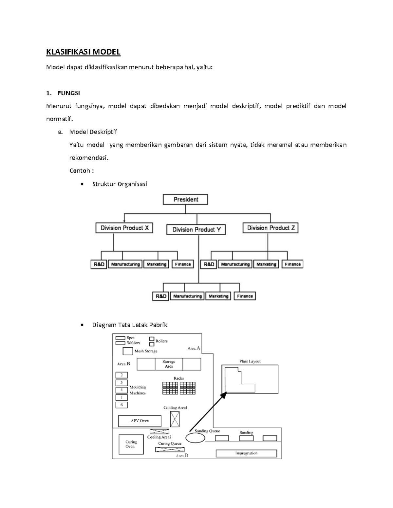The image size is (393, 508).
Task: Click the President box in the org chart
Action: click(185, 200)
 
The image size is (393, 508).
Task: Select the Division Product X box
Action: click(124, 228)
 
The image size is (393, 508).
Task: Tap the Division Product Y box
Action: click(196, 230)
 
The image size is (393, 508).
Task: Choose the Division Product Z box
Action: click(271, 228)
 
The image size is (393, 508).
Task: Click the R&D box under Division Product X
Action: click(99, 264)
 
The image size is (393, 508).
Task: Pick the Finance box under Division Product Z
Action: click(292, 264)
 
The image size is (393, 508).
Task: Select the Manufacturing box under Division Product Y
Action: click(187, 296)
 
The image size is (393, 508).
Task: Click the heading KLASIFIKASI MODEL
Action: click(83, 52)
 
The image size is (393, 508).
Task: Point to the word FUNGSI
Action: click(69, 93)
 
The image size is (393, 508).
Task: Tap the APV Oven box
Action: click(140, 421)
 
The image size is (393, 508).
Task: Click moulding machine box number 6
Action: click(122, 405)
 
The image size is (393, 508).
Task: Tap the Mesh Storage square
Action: click(128, 351)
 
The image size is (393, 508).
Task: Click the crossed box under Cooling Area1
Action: click(175, 419)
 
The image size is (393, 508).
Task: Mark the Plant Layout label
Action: click(250, 361)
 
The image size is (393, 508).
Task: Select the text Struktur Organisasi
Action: click(120, 184)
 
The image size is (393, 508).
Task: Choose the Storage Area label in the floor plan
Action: click(169, 364)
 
